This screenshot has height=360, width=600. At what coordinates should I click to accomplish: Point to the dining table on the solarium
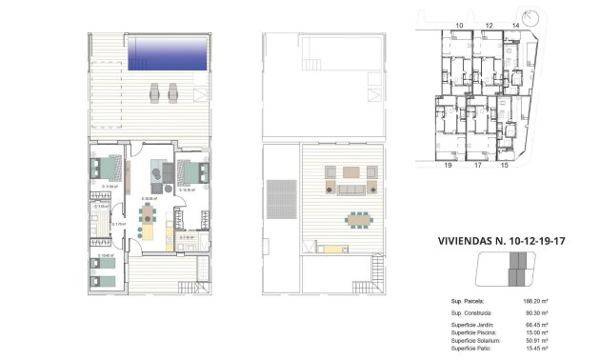coord(358,218)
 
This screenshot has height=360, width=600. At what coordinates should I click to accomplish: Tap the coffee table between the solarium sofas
coord(353,172)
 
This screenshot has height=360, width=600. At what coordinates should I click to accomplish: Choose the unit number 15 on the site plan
coord(504,165)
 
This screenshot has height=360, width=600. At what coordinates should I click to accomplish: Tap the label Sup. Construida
coord(470,311)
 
